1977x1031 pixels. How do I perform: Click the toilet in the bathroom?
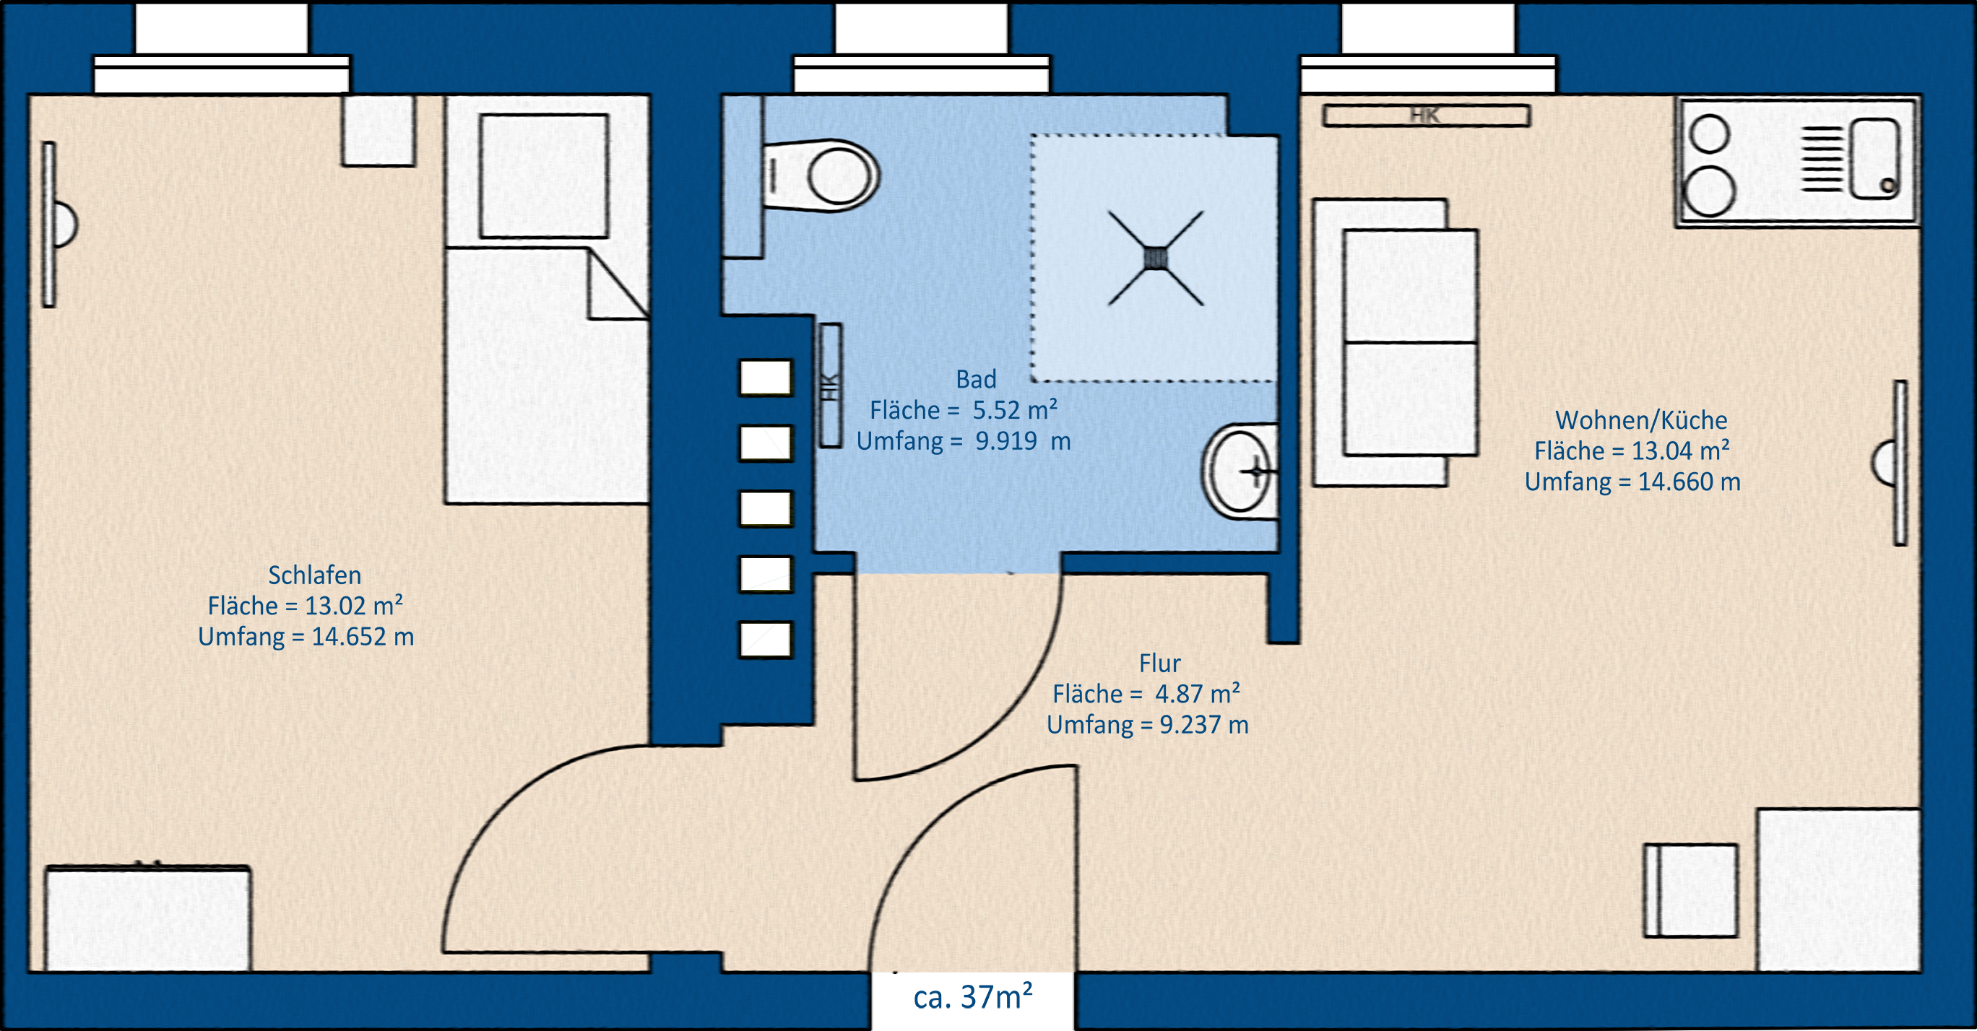[821, 175]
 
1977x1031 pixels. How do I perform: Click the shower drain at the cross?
[1155, 258]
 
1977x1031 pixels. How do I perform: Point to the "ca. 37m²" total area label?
[972, 996]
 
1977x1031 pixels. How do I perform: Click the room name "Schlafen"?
[315, 575]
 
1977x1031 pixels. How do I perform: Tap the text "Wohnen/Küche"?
[1642, 420]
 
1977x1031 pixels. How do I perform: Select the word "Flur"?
[1159, 663]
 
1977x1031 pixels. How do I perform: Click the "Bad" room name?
[977, 379]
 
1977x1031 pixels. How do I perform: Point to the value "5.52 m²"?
[1016, 409]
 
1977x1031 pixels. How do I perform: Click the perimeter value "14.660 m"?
[1690, 482]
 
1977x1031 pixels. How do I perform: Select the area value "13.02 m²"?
[354, 605]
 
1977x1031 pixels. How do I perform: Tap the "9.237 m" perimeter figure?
[1203, 724]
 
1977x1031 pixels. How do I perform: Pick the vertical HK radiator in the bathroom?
[831, 385]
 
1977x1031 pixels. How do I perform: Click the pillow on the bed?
[544, 175]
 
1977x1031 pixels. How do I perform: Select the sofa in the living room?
[1396, 342]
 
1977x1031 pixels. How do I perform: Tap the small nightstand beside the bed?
[378, 131]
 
